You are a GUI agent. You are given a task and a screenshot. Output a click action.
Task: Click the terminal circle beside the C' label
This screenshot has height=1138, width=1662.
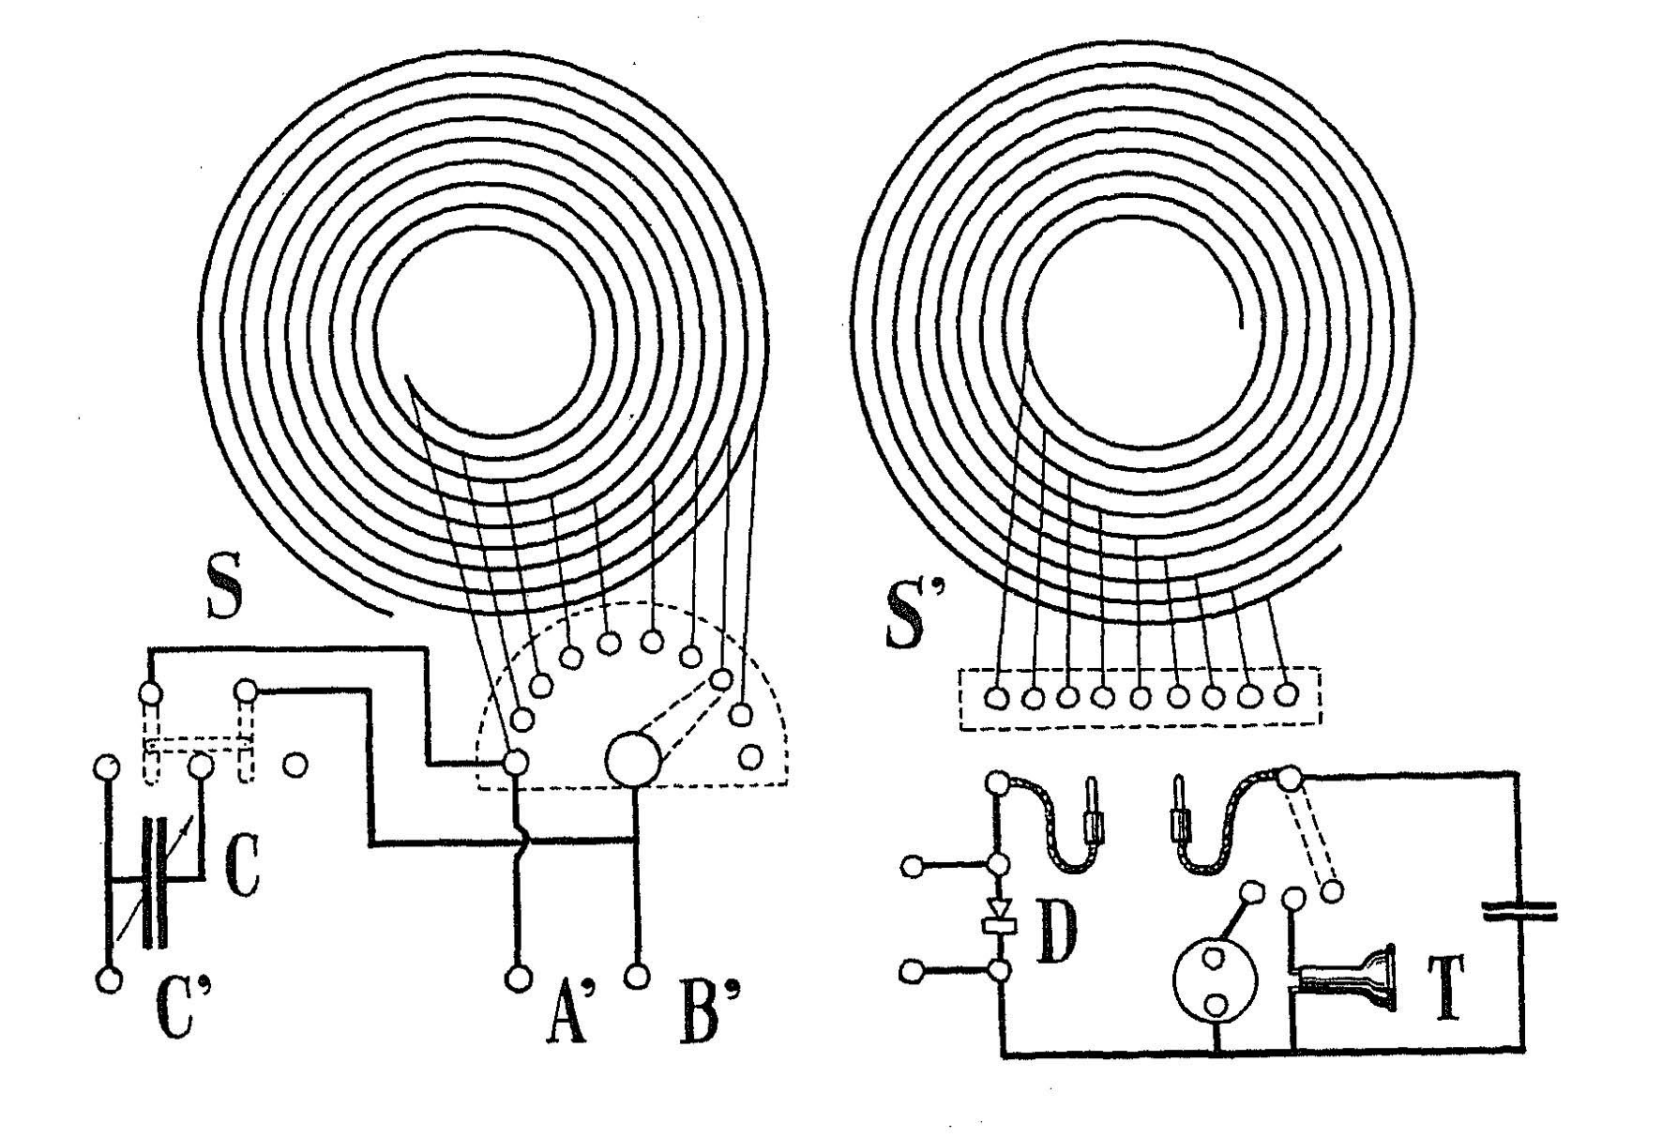(x=110, y=980)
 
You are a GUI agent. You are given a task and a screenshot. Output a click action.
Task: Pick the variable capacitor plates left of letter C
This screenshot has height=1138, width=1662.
(x=155, y=882)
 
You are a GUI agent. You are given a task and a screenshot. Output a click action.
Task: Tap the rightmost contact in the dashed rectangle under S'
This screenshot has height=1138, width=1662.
(x=1286, y=694)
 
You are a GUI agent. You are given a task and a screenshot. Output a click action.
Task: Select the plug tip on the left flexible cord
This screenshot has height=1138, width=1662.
(x=1092, y=794)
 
